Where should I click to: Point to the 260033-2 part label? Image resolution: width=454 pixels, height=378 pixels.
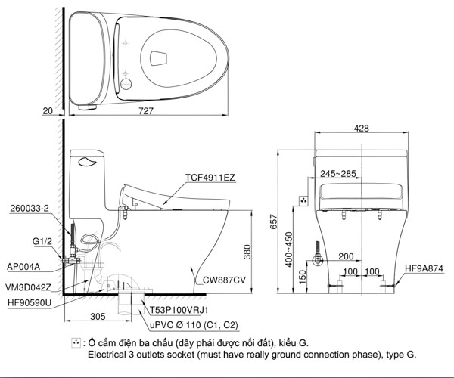tap(30, 208)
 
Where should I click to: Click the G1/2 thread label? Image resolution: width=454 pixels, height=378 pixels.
tap(42, 241)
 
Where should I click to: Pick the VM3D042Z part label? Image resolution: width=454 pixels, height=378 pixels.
tap(30, 287)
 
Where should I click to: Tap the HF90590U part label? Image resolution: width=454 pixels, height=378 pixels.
tap(29, 302)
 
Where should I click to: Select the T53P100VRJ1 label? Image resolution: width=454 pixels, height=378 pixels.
tap(179, 310)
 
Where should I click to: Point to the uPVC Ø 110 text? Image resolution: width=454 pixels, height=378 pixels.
tap(192, 324)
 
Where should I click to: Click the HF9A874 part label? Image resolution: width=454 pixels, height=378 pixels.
tap(424, 268)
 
